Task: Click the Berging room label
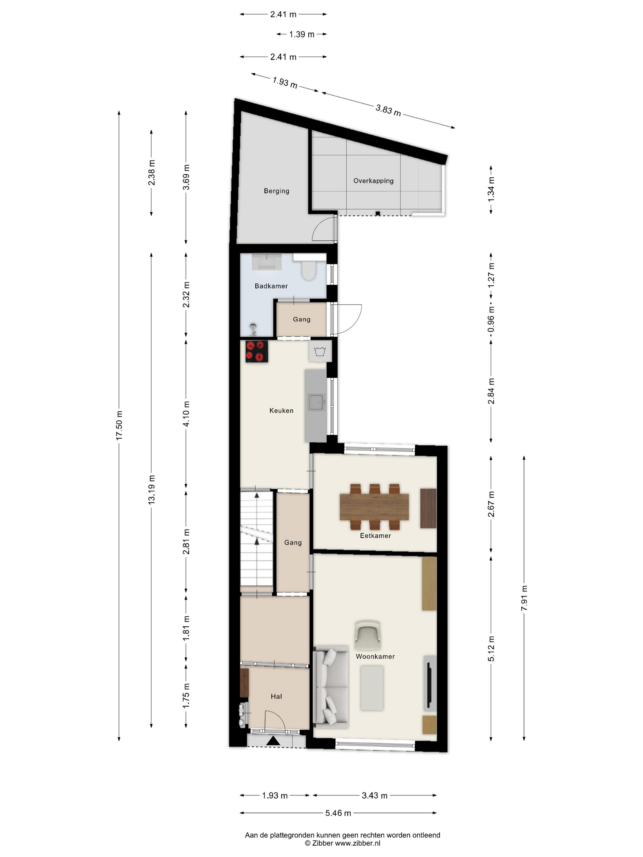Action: point(276,191)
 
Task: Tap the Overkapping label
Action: point(373,181)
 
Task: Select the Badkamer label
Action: point(271,286)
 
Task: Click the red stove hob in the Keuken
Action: point(257,351)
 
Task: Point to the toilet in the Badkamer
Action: point(309,270)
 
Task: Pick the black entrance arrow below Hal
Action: point(273,740)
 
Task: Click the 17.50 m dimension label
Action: point(119,425)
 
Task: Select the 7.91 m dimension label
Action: point(524,598)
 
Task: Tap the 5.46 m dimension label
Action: point(338,813)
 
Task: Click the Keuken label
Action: point(281,410)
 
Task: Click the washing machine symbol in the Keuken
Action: point(320,351)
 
